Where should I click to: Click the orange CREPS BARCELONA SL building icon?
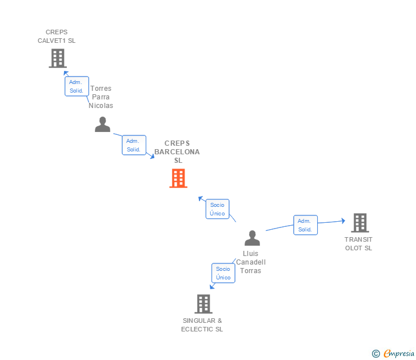tap(178, 178)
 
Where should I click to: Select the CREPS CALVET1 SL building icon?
tap(57, 58)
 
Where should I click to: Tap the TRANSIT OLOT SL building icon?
tap(359, 223)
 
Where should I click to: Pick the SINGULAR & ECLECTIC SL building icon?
tap(203, 304)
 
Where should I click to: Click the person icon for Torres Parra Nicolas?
tap(102, 125)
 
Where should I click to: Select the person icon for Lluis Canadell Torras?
tap(252, 238)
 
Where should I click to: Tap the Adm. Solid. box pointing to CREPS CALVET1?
tap(77, 86)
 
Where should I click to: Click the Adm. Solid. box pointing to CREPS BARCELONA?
tap(134, 145)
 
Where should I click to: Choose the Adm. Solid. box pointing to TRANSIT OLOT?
tap(305, 225)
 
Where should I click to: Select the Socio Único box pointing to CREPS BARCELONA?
tap(217, 209)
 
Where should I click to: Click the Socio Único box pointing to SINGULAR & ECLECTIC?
tap(223, 273)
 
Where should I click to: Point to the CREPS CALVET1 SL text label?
tap(57, 37)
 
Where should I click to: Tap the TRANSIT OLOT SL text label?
tap(358, 244)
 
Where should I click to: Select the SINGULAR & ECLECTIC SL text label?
tap(202, 325)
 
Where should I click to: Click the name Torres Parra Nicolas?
tap(101, 97)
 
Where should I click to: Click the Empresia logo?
tap(399, 354)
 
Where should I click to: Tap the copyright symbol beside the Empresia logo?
tap(376, 354)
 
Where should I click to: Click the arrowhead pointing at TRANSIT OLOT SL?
tap(342, 220)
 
